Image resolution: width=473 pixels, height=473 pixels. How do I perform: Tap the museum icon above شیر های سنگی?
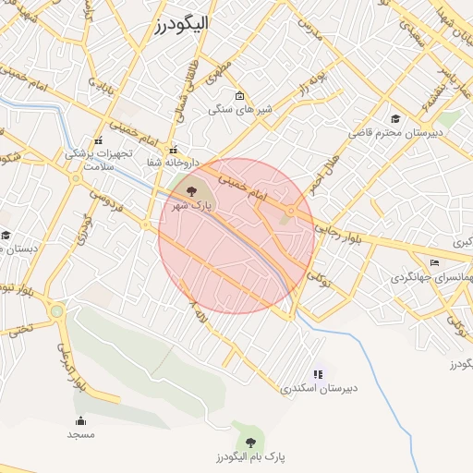tap(240, 96)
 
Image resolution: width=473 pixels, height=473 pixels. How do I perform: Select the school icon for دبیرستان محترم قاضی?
tap(396, 118)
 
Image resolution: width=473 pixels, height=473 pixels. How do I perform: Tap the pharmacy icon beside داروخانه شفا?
tap(172, 149)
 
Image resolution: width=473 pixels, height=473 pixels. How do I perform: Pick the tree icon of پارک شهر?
tap(191, 190)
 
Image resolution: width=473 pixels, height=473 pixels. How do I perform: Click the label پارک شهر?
tap(191, 204)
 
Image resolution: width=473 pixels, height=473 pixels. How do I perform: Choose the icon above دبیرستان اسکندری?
tap(319, 374)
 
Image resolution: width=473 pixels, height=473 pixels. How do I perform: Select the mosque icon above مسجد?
tap(80, 420)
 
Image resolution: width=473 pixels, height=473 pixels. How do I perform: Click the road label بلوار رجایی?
tap(341, 235)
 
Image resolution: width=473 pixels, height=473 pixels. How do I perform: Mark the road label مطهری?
tap(220, 70)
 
